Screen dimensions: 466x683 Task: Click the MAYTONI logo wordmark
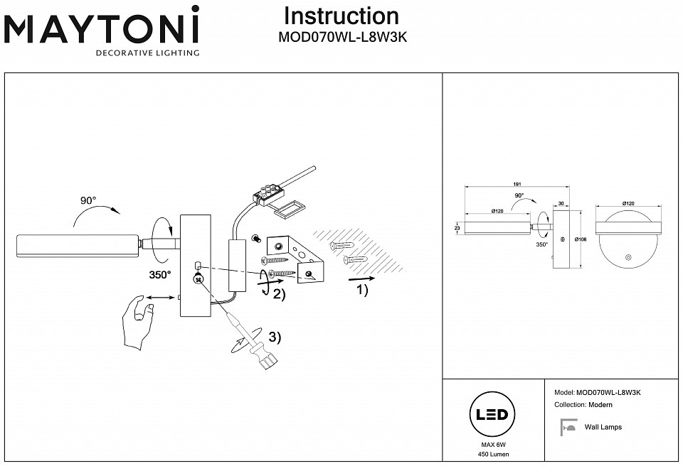102,29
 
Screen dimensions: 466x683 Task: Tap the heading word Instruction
341,16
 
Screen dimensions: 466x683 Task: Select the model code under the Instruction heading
341,39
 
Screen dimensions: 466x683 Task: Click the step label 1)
361,291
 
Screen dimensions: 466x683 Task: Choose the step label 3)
274,338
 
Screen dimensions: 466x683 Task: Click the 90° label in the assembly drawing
88,201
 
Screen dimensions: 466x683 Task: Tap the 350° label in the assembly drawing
160,274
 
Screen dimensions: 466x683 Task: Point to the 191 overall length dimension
507,183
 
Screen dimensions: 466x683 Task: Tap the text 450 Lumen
493,454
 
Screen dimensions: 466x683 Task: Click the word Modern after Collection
600,405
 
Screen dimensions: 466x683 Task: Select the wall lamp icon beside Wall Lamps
568,428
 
